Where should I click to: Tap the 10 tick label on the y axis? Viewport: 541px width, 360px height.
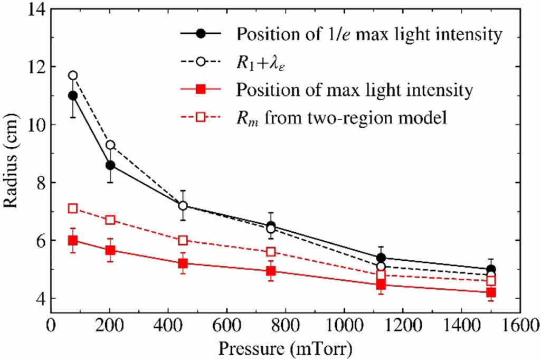click(35, 125)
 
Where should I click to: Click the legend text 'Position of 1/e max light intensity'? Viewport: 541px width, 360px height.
click(368, 35)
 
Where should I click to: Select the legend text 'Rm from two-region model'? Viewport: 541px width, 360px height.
click(342, 118)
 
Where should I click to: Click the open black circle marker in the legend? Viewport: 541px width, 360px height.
click(201, 63)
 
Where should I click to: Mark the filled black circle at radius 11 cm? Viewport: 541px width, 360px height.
click(73, 96)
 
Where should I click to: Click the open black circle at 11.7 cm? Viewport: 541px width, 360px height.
click(73, 75)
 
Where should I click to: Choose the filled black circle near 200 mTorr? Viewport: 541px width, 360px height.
click(110, 165)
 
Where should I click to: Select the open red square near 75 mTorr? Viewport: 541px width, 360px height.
click(73, 209)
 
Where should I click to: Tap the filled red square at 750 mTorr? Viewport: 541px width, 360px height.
click(271, 271)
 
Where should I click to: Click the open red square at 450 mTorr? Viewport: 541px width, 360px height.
click(183, 240)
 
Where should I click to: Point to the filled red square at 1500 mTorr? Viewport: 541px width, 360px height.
click(491, 292)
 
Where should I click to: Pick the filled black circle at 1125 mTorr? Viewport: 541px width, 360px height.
click(381, 258)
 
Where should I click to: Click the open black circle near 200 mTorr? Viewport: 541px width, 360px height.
click(110, 145)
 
